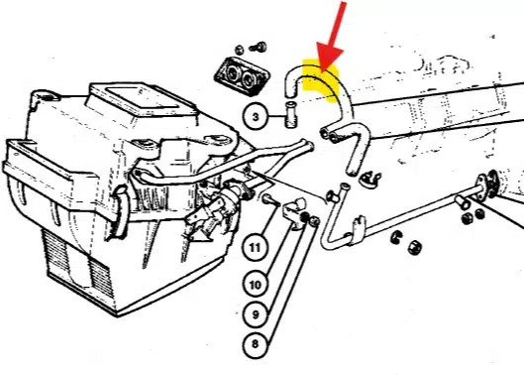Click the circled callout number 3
(x=256, y=117)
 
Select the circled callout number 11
(x=255, y=248)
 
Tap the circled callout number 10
(x=255, y=285)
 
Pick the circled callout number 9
(x=255, y=314)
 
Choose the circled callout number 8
(x=255, y=344)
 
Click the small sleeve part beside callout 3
(x=291, y=114)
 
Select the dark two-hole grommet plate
(x=242, y=77)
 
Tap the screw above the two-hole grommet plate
(x=259, y=48)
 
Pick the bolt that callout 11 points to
(x=269, y=199)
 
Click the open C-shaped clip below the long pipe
(x=396, y=237)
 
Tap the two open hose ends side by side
(x=329, y=134)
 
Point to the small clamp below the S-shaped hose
(x=369, y=180)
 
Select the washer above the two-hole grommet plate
(x=240, y=50)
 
